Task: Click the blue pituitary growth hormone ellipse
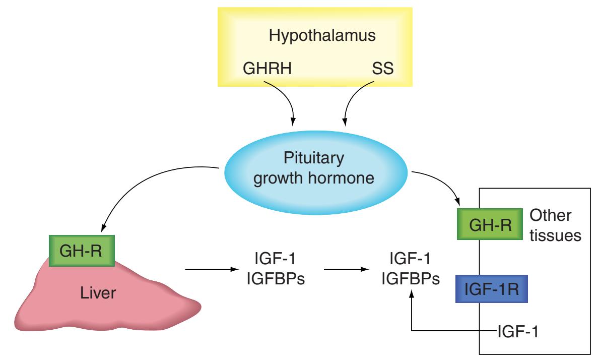pyautogui.click(x=314, y=169)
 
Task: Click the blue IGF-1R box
pyautogui.click(x=491, y=288)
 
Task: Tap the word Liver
pyautogui.click(x=101, y=293)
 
